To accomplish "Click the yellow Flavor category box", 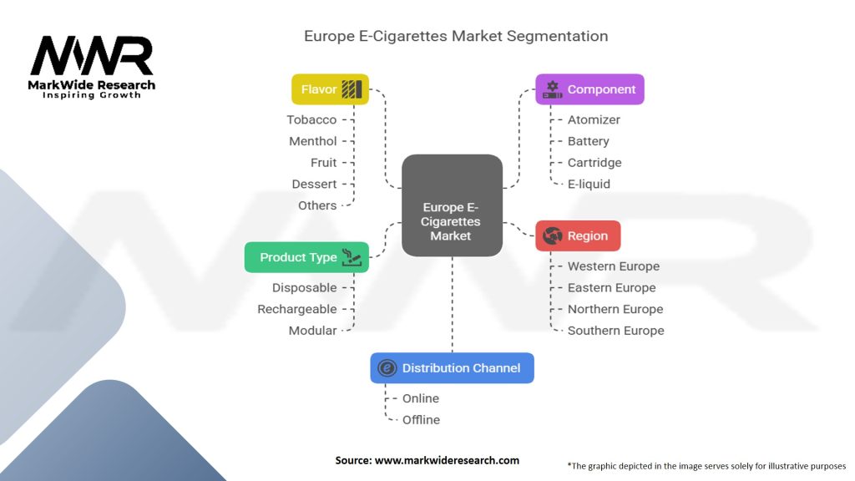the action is pyautogui.click(x=330, y=89).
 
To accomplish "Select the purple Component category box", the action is pyautogui.click(x=589, y=89).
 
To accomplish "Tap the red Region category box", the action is pyautogui.click(x=578, y=235).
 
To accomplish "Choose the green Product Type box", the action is pyautogui.click(x=306, y=257).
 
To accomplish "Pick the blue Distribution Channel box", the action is pyautogui.click(x=452, y=368).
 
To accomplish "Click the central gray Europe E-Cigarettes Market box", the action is pyautogui.click(x=452, y=205).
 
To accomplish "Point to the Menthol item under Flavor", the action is pyautogui.click(x=313, y=141).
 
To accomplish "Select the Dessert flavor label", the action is pyautogui.click(x=314, y=185).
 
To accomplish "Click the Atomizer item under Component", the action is pyautogui.click(x=594, y=120).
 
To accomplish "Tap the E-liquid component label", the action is pyautogui.click(x=589, y=185).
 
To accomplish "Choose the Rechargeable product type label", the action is pyautogui.click(x=297, y=309).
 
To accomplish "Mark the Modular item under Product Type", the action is pyautogui.click(x=312, y=331).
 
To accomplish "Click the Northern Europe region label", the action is pyautogui.click(x=615, y=309).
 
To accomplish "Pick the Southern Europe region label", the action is pyautogui.click(x=616, y=331).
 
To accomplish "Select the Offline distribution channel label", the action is pyautogui.click(x=421, y=420).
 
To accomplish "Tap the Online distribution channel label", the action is pyautogui.click(x=421, y=398).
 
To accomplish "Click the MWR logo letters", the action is pyautogui.click(x=92, y=56).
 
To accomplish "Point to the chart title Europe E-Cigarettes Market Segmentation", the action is pyautogui.click(x=456, y=36).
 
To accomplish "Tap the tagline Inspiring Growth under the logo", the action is pyautogui.click(x=92, y=95).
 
